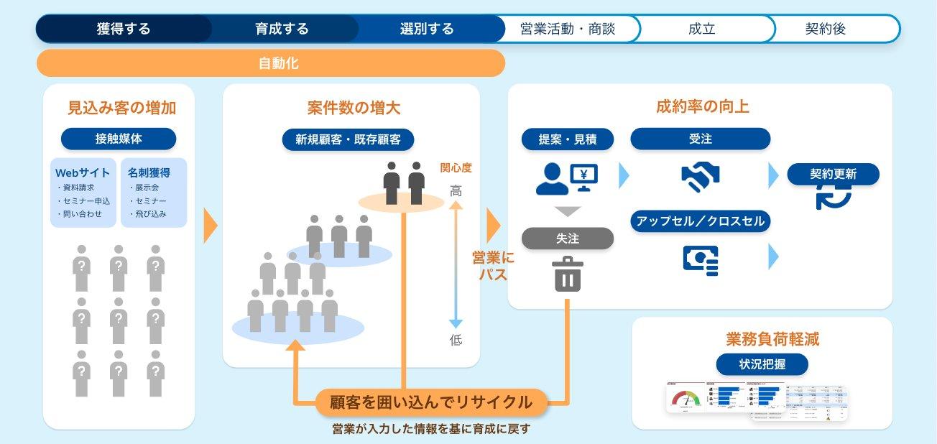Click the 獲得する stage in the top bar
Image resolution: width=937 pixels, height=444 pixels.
(x=124, y=29)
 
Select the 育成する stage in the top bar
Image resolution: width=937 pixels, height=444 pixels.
(x=282, y=29)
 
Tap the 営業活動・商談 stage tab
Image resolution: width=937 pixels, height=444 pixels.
(x=568, y=29)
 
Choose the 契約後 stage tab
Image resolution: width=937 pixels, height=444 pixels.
(x=825, y=29)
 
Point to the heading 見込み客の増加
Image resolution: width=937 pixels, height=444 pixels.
(x=121, y=108)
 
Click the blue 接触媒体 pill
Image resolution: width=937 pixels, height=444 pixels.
(x=119, y=139)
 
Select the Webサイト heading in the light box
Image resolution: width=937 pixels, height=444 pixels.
(x=83, y=172)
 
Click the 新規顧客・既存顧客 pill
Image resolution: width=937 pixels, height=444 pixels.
(x=349, y=139)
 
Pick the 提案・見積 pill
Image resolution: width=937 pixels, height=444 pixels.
(x=568, y=139)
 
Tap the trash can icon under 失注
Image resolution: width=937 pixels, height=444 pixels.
(x=568, y=274)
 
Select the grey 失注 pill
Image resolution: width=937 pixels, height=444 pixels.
(x=568, y=239)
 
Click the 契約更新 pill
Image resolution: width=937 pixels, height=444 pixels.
(x=834, y=174)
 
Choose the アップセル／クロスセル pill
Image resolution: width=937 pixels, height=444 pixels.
(x=700, y=221)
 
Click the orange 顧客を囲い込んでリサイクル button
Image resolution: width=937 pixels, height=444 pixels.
(x=431, y=402)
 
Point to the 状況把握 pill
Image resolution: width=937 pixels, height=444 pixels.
(x=762, y=364)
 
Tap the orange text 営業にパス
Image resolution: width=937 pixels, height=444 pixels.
(x=493, y=265)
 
